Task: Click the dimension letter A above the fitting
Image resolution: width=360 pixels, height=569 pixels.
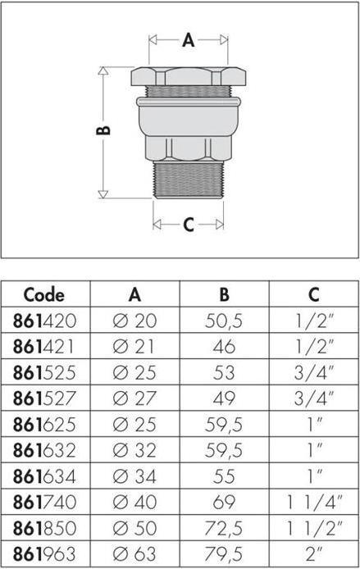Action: pyautogui.click(x=188, y=39)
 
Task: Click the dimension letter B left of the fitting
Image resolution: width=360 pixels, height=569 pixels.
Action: pyautogui.click(x=104, y=130)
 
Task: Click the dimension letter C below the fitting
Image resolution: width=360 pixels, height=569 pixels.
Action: pyautogui.click(x=188, y=224)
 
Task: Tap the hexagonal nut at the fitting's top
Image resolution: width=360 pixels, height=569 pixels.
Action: pyautogui.click(x=188, y=76)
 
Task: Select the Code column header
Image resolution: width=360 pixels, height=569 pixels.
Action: pyautogui.click(x=44, y=294)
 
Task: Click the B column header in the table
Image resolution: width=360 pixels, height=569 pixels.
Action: pyautogui.click(x=224, y=294)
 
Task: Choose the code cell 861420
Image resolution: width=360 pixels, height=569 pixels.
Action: pyautogui.click(x=44, y=321)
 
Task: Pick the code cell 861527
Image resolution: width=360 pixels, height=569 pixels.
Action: pyautogui.click(x=44, y=398)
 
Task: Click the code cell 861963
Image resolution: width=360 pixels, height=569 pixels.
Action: pyautogui.click(x=44, y=553)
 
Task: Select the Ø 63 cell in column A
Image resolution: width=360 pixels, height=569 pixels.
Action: pyautogui.click(x=134, y=553)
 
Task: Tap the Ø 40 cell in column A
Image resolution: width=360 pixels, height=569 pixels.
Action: pyautogui.click(x=134, y=502)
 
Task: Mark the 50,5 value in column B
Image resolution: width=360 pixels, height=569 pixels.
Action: pyautogui.click(x=224, y=321)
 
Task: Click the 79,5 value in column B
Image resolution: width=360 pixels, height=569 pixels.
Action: pyautogui.click(x=224, y=553)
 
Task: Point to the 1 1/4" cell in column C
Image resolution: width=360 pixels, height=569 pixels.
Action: pyautogui.click(x=314, y=502)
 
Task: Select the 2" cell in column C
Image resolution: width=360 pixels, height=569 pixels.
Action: pyautogui.click(x=314, y=553)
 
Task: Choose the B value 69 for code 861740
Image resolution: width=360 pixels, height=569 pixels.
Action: pyautogui.click(x=224, y=502)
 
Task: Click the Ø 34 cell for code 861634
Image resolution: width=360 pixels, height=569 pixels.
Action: pyautogui.click(x=134, y=476)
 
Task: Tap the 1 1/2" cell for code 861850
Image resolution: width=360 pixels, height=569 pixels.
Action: pyautogui.click(x=314, y=527)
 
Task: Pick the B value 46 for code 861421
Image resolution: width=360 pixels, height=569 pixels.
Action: pyautogui.click(x=224, y=346)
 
